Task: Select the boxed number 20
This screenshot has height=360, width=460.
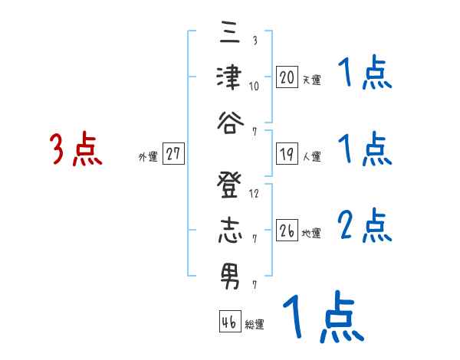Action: [x=287, y=77]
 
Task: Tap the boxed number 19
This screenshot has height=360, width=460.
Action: [x=287, y=154]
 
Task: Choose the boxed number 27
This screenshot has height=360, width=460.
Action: [x=173, y=154]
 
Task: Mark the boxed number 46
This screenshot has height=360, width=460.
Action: [x=228, y=322]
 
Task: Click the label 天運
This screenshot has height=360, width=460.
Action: [x=311, y=80]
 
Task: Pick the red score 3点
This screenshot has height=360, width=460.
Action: [x=76, y=149]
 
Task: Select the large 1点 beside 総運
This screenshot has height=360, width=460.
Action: [x=320, y=317]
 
